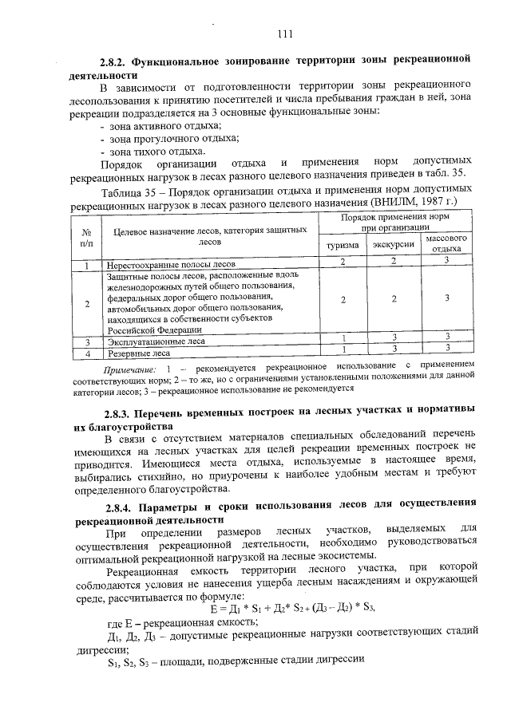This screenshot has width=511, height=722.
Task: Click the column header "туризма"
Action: click(342, 247)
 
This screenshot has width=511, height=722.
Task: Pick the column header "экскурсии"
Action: click(394, 247)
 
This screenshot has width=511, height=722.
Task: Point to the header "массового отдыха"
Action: click(446, 243)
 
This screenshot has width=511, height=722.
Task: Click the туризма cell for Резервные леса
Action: click(342, 349)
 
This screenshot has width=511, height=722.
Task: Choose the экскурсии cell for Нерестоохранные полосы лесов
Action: click(394, 262)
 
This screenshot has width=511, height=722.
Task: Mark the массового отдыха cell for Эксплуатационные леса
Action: click(447, 337)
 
